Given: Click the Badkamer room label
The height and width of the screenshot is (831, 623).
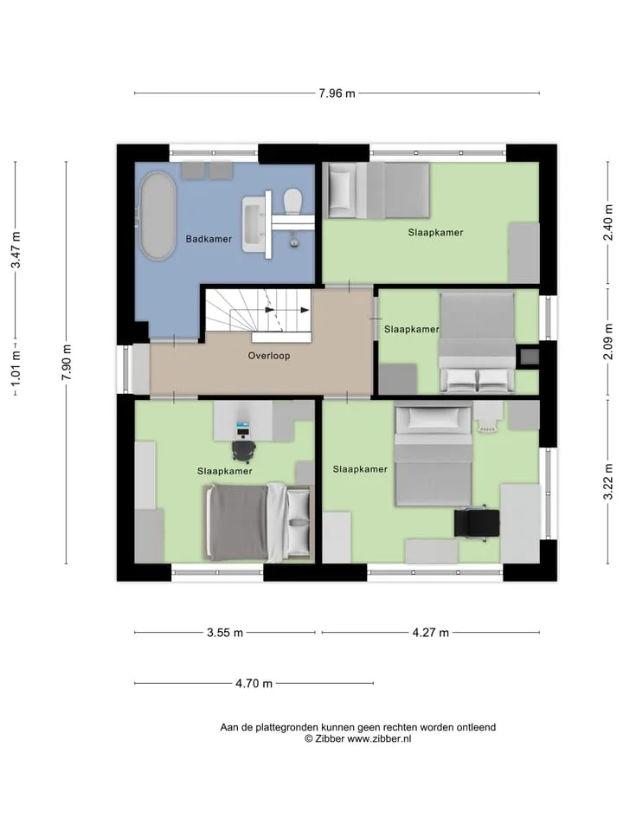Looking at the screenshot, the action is (x=209, y=239).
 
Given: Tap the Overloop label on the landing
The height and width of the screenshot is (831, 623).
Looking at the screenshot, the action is (x=269, y=356).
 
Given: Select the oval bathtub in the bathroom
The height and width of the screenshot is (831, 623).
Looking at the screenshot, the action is (x=157, y=216).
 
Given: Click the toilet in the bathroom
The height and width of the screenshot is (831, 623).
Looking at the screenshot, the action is (x=293, y=201).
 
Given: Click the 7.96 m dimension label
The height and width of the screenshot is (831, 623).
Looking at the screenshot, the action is (x=337, y=93).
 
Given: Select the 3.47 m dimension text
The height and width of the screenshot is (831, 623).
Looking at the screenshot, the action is (x=16, y=249).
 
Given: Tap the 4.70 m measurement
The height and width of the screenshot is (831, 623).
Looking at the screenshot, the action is (x=254, y=683).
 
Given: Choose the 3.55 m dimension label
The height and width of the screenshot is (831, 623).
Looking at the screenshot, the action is (x=225, y=632).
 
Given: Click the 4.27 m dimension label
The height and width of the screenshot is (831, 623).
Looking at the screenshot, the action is (x=431, y=632).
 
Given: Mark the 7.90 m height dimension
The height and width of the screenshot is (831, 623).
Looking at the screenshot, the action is (x=67, y=363).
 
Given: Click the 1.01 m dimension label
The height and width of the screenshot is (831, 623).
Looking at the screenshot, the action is (x=16, y=368).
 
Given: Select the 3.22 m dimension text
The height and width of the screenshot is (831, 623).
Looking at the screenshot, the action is (x=608, y=481).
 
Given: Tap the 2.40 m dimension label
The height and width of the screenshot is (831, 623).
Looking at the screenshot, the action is (x=608, y=222).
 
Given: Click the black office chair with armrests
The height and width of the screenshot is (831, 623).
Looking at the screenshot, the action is (x=477, y=523).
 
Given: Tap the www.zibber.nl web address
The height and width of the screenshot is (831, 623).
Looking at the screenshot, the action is (x=379, y=738).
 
